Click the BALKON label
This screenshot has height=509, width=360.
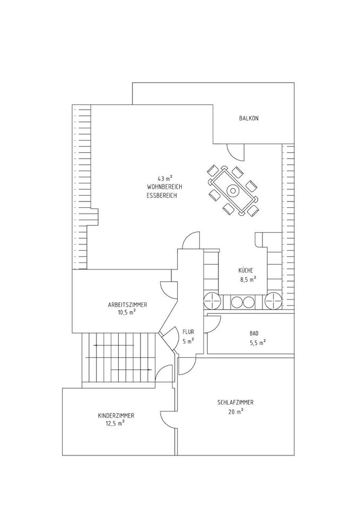click(x=248, y=118)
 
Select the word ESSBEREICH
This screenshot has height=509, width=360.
click(x=161, y=196)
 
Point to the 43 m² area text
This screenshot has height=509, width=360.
click(x=165, y=178)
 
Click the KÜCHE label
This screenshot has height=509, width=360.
click(x=247, y=270)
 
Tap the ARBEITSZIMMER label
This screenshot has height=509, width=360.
click(x=127, y=305)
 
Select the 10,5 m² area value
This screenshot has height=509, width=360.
click(x=127, y=313)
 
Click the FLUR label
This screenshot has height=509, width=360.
click(x=188, y=332)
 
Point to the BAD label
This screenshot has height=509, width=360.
click(x=254, y=334)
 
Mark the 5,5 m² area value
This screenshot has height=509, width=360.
click(x=257, y=342)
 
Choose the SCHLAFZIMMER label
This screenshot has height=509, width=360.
click(x=235, y=402)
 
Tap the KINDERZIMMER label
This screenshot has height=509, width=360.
click(x=116, y=415)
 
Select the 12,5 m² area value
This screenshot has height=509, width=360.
click(x=115, y=423)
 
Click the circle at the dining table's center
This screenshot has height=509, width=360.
click(x=232, y=190)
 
